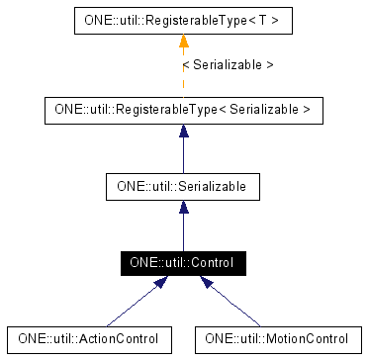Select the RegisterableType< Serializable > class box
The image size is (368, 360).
click(x=183, y=109)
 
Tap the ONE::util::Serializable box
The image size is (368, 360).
click(x=183, y=185)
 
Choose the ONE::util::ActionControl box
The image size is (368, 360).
click(x=89, y=338)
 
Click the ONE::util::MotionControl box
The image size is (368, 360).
click(x=277, y=338)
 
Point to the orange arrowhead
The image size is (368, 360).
click(x=183, y=41)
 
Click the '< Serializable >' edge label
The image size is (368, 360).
click(x=229, y=64)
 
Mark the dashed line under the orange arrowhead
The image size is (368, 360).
click(x=183, y=74)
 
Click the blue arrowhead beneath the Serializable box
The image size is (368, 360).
click(x=183, y=209)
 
